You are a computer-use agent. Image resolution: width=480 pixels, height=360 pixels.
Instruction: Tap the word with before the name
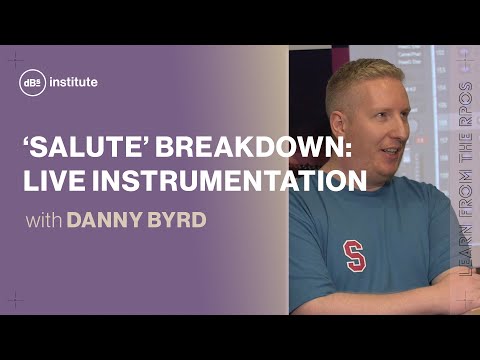41,220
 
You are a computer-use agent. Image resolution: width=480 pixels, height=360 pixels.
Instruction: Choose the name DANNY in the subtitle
104,220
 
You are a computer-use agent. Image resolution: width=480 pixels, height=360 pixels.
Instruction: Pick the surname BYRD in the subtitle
176,220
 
